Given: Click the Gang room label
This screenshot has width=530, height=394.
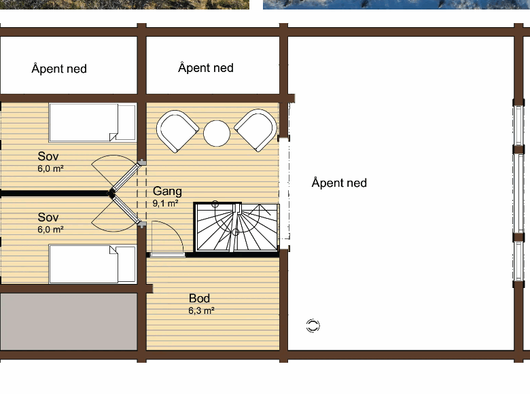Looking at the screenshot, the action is [x=167, y=192].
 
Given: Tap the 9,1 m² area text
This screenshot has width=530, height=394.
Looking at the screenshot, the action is [x=165, y=203].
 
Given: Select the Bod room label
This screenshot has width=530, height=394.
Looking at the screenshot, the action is [x=199, y=298].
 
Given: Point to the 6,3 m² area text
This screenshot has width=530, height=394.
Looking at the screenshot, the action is [x=201, y=310].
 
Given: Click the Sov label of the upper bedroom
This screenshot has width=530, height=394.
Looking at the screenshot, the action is [x=48, y=156].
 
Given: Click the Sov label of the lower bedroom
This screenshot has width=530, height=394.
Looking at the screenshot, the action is [x=48, y=217].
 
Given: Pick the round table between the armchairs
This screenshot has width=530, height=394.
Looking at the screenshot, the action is [x=217, y=133].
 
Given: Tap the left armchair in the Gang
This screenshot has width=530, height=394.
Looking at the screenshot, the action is [x=177, y=131].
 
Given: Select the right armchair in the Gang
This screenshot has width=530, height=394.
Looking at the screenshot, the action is [x=256, y=130].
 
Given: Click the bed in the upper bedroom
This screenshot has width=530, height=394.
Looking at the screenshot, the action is [x=92, y=122].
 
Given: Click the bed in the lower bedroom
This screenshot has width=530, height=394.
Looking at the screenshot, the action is [x=92, y=264].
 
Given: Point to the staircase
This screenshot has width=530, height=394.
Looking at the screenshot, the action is [x=236, y=228].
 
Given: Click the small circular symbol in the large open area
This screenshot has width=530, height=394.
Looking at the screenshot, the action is [x=313, y=326].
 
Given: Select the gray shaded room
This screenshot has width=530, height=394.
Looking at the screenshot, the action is [x=69, y=321].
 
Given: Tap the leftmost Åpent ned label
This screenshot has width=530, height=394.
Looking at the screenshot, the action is [x=59, y=68].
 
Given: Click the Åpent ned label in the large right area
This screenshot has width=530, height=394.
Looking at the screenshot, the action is [x=339, y=183].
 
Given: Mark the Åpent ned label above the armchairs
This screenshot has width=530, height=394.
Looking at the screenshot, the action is [x=206, y=67].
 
